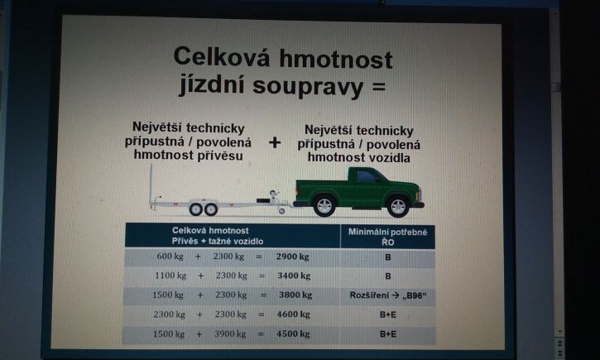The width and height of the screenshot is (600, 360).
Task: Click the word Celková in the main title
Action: pyautogui.click(x=222, y=56)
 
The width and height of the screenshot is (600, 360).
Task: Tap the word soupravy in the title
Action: pyautogui.click(x=308, y=86)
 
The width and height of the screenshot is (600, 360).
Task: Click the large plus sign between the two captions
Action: pyautogui.click(x=275, y=142)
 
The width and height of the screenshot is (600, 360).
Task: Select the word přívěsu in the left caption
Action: pyautogui.click(x=220, y=156)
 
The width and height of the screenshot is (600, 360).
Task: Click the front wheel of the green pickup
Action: pyautogui.click(x=398, y=206)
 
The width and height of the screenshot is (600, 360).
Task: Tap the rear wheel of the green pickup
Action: pyautogui.click(x=324, y=206)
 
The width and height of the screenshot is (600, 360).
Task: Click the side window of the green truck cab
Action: pyautogui.click(x=367, y=176)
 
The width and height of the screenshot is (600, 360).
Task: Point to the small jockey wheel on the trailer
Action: pyautogui.click(x=281, y=210)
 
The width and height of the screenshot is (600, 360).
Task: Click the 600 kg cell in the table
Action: pyautogui.click(x=170, y=257)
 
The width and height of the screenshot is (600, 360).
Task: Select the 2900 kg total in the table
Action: pyautogui.click(x=293, y=257)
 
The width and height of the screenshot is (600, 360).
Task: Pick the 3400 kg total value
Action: pyautogui.click(x=294, y=276)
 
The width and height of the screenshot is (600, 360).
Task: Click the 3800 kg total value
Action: pyautogui.click(x=295, y=295)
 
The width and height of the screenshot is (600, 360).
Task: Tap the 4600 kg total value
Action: pyautogui.click(x=293, y=314)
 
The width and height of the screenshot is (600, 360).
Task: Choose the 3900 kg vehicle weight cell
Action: pyautogui.click(x=229, y=334)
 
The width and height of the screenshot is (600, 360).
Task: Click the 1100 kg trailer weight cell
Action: pyautogui.click(x=170, y=276)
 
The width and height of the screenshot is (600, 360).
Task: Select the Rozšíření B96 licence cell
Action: pyautogui.click(x=388, y=295)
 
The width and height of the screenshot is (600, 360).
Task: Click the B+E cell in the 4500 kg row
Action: pyautogui.click(x=388, y=334)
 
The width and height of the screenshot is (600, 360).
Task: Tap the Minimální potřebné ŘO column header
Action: pyautogui.click(x=387, y=237)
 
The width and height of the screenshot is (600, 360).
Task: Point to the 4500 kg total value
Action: pyautogui.click(x=293, y=334)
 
